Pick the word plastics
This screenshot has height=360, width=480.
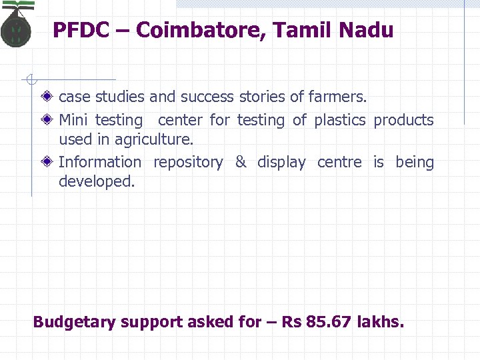click(x=340, y=121)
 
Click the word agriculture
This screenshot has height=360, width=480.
click(x=153, y=140)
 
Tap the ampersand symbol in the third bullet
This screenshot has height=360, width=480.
click(x=241, y=162)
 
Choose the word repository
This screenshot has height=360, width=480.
click(x=188, y=163)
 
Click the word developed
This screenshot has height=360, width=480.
click(x=97, y=181)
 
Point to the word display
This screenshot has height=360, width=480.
click(x=281, y=163)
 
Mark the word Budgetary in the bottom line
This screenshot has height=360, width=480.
click(x=73, y=323)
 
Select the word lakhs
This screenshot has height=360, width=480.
click(x=381, y=322)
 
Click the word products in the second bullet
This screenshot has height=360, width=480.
click(x=403, y=121)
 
